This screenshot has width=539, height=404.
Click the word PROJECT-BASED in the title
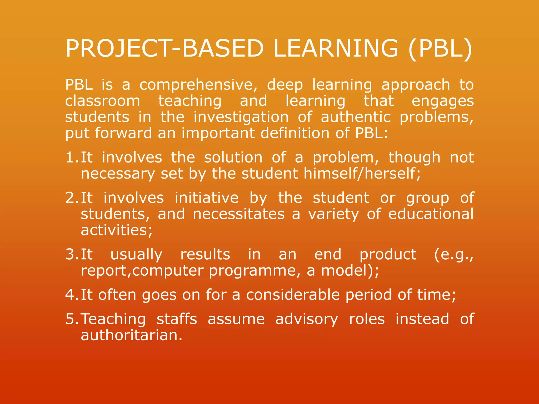tap(164, 48)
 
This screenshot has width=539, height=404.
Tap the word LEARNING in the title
tap(336, 48)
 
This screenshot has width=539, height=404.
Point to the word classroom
tap(103, 101)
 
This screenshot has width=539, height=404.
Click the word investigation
tap(241, 117)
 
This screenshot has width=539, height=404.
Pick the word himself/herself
tap(362, 174)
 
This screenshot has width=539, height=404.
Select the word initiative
tap(207, 198)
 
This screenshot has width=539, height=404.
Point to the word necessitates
tap(239, 214)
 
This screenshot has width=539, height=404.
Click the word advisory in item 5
tap(307, 319)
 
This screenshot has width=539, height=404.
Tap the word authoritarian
tap(131, 335)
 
